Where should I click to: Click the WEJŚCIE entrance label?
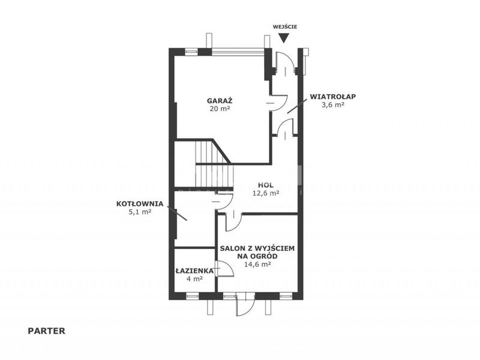285,26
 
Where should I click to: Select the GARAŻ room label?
220,100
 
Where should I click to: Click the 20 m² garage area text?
220,109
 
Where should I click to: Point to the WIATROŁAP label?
333,97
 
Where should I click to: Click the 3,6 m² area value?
333,104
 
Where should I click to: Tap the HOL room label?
266,185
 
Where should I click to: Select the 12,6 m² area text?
266,193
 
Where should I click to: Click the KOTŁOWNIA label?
140,204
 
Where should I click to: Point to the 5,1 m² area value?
140,212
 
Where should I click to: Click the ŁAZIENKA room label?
194,271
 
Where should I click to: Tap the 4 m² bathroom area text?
194,279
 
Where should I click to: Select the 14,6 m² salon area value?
257,265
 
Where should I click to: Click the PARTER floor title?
47,331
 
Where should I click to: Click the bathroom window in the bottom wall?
192,296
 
